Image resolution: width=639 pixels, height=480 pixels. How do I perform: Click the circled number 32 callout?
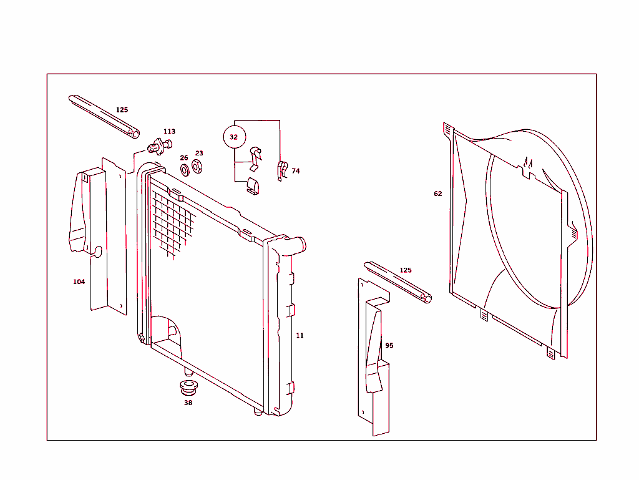click(235, 137)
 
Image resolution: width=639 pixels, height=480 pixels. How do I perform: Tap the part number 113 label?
click(169, 132)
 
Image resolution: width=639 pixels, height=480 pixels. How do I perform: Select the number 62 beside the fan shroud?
click(438, 194)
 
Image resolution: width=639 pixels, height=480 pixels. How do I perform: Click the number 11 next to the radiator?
click(300, 336)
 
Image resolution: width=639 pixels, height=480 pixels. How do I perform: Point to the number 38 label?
click(188, 403)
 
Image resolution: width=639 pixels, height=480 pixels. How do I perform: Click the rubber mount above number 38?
click(188, 386)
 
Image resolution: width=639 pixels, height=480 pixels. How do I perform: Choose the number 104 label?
click(79, 282)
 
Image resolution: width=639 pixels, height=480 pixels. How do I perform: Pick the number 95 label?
click(389, 346)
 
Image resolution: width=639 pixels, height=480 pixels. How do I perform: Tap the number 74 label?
click(296, 171)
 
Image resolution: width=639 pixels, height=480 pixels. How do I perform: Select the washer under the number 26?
click(185, 170)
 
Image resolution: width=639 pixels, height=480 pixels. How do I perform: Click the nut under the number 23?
click(197, 167)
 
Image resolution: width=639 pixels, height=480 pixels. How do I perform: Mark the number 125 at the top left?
click(122, 110)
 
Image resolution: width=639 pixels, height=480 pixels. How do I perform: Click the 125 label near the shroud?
click(406, 270)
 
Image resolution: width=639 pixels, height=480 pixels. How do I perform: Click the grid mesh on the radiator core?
click(172, 222)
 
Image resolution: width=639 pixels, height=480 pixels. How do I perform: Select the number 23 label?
click(199, 154)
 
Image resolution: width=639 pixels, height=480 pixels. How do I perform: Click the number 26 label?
click(184, 158)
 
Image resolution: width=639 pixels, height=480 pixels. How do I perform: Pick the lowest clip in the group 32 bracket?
click(253, 186)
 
